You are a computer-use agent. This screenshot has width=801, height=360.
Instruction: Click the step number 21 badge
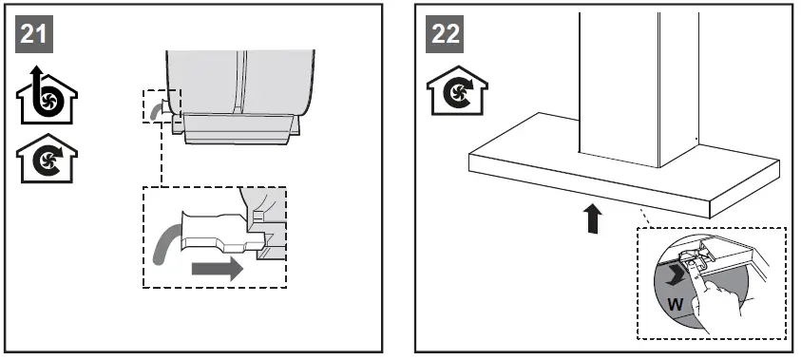click(x=34, y=35)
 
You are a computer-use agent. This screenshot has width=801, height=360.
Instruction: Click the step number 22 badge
click(x=446, y=35)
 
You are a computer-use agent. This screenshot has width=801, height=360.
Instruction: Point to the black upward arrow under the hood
click(x=591, y=219)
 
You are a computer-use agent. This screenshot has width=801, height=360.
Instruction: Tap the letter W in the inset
click(x=674, y=305)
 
